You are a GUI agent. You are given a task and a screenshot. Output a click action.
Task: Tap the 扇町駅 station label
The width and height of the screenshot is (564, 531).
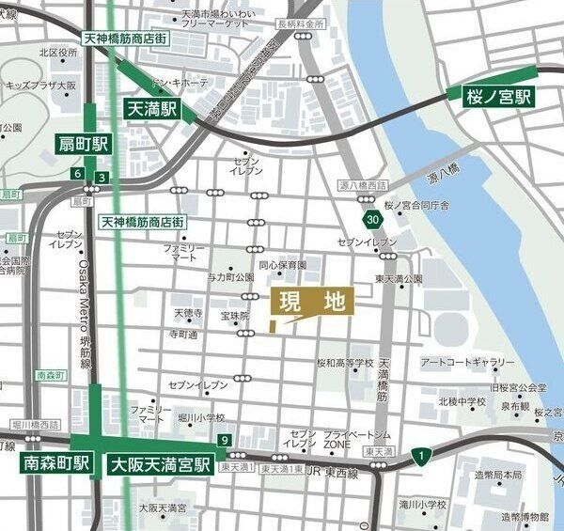[x=82, y=144]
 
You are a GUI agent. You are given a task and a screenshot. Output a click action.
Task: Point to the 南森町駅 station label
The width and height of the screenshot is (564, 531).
[x=56, y=463]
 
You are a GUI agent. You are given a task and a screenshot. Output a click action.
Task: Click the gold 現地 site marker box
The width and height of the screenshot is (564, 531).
[x=312, y=302]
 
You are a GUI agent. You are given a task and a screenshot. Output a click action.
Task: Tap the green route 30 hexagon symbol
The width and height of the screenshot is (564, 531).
[x=374, y=219]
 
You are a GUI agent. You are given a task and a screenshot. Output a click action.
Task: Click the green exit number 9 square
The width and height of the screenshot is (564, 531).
[x=224, y=440]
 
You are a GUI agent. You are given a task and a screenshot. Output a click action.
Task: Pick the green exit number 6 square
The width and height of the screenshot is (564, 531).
[x=76, y=174]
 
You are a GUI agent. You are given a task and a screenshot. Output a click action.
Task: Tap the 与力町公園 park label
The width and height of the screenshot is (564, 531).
[x=230, y=277]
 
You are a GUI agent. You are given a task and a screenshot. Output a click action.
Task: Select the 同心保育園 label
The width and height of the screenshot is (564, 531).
[x=284, y=266]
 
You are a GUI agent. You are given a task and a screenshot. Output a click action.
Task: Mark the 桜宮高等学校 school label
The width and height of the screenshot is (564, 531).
[x=344, y=363]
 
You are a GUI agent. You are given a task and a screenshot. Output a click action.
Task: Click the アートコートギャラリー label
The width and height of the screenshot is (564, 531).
[x=467, y=362]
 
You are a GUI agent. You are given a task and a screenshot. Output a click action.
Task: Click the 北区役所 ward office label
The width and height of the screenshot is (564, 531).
[x=58, y=54]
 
